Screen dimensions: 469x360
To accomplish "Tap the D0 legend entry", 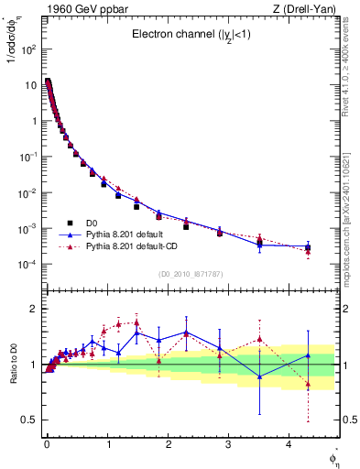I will click(94, 224).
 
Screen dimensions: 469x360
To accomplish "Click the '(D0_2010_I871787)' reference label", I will click(190, 274).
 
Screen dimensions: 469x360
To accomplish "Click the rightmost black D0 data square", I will click(308, 247).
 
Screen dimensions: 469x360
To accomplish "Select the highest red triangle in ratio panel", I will click(136, 322).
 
